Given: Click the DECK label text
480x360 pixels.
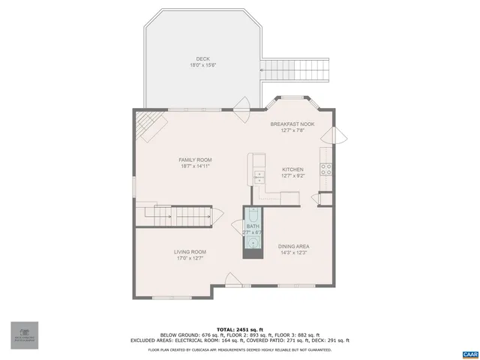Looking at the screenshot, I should pos(202,59).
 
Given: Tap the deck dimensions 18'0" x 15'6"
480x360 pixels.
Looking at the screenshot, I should pos(202,66).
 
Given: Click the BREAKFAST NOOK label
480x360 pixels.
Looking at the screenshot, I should pos(292,124).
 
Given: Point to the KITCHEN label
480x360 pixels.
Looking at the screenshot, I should pos(292,169).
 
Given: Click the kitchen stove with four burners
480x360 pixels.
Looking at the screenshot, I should pos(326,169).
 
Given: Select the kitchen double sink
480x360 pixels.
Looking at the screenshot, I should pos(258,178).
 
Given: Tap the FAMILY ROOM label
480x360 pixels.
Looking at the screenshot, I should pos(195,160).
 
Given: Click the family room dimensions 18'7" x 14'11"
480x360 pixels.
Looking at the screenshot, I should pos(195,166).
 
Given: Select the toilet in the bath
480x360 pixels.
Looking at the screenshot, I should pos(252,214).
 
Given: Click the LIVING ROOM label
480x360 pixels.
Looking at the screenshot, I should pos(190,252).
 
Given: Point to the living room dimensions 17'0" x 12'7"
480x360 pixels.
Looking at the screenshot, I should pos(190,259).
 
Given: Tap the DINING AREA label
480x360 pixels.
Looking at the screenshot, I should pos(294,247).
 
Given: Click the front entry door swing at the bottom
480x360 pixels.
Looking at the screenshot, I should pos(233,281).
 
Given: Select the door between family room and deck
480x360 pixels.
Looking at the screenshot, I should pos(243,107).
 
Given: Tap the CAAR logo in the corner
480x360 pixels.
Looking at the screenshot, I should pos(469,353).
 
